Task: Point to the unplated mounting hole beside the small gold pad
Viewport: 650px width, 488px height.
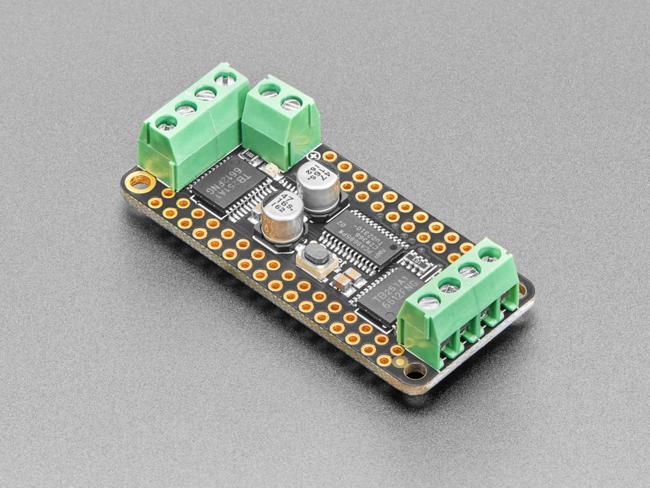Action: point(414,370)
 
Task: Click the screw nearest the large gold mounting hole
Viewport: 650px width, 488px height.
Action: point(165,124)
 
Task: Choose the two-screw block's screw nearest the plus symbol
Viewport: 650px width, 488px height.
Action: point(291,104)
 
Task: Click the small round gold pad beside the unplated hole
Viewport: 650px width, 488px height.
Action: point(399,362)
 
